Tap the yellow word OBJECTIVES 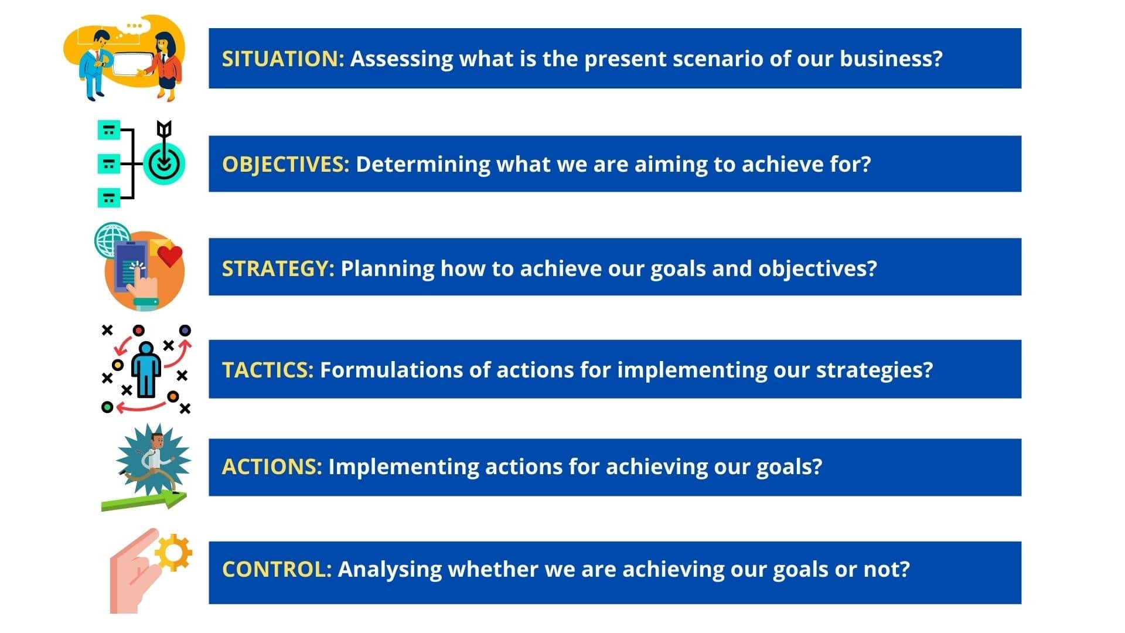coord(285,164)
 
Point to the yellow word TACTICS coord(268,370)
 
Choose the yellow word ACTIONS coord(272,467)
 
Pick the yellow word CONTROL coord(277,569)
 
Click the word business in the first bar coord(891,59)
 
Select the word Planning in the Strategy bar coord(387,268)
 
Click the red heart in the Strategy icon coord(170,256)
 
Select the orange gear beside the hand coord(173,553)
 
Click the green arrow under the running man coord(144,501)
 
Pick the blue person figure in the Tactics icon coord(146,369)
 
